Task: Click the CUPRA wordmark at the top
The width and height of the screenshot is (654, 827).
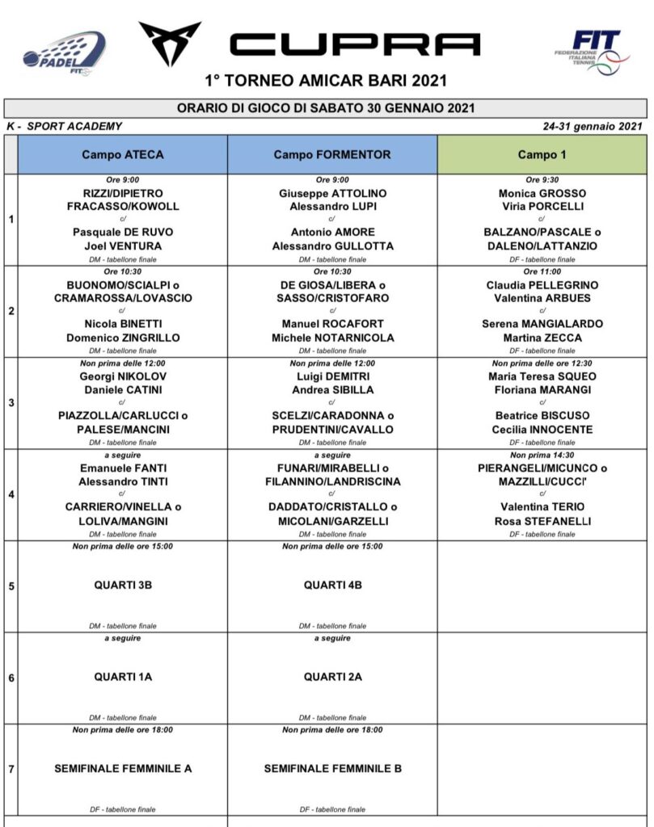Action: coord(355,44)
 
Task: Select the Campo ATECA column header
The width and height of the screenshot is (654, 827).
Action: coord(122,154)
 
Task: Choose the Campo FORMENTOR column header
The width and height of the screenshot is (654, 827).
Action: coord(332,154)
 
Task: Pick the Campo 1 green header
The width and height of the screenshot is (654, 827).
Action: coord(542,154)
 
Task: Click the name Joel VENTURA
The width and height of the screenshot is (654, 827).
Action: coord(123,246)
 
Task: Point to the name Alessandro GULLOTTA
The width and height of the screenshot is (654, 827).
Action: coord(332,246)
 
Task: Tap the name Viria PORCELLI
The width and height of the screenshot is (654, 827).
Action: coord(542,206)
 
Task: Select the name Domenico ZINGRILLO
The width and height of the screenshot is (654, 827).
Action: coord(123,338)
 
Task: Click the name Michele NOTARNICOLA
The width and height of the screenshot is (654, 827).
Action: coord(332,338)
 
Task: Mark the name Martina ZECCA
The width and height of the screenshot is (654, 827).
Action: coord(542,338)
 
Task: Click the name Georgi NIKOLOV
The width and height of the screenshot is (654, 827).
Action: coord(123,376)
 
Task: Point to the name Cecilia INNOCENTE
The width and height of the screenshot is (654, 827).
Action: coord(542,429)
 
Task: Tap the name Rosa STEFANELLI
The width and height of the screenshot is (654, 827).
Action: coord(542,521)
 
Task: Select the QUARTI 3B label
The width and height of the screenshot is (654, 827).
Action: coord(123,586)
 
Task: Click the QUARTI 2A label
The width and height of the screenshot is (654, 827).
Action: coord(332,677)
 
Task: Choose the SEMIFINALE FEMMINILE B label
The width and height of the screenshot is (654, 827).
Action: coord(332,769)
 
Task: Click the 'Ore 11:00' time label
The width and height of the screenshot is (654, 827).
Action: coord(542,272)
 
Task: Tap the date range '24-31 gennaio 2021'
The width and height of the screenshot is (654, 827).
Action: coord(594,126)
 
